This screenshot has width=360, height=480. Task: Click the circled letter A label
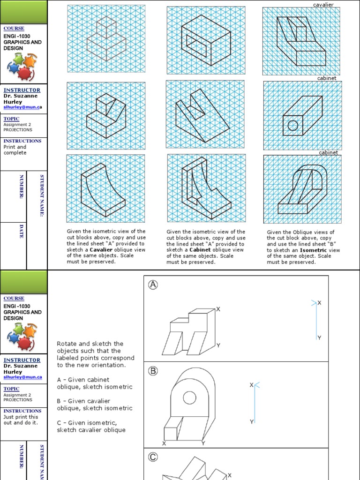click(x=153, y=285)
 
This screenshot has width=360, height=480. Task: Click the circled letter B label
click(x=153, y=371)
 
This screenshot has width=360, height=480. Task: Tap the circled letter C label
click(x=153, y=457)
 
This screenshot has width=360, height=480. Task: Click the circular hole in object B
click(x=189, y=398)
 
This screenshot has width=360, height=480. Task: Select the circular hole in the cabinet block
click(x=292, y=125)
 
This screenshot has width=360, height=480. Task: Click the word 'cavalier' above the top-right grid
click(x=323, y=4)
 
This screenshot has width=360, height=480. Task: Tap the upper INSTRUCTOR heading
click(x=22, y=90)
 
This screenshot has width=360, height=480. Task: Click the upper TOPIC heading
click(x=11, y=119)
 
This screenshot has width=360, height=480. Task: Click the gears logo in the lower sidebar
click(x=23, y=336)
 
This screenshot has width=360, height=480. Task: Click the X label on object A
click(x=218, y=309)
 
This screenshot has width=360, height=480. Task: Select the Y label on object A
click(x=218, y=345)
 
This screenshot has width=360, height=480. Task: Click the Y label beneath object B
click(x=203, y=443)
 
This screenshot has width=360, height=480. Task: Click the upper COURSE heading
click(x=14, y=29)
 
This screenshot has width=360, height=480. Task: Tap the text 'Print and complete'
click(x=15, y=150)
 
